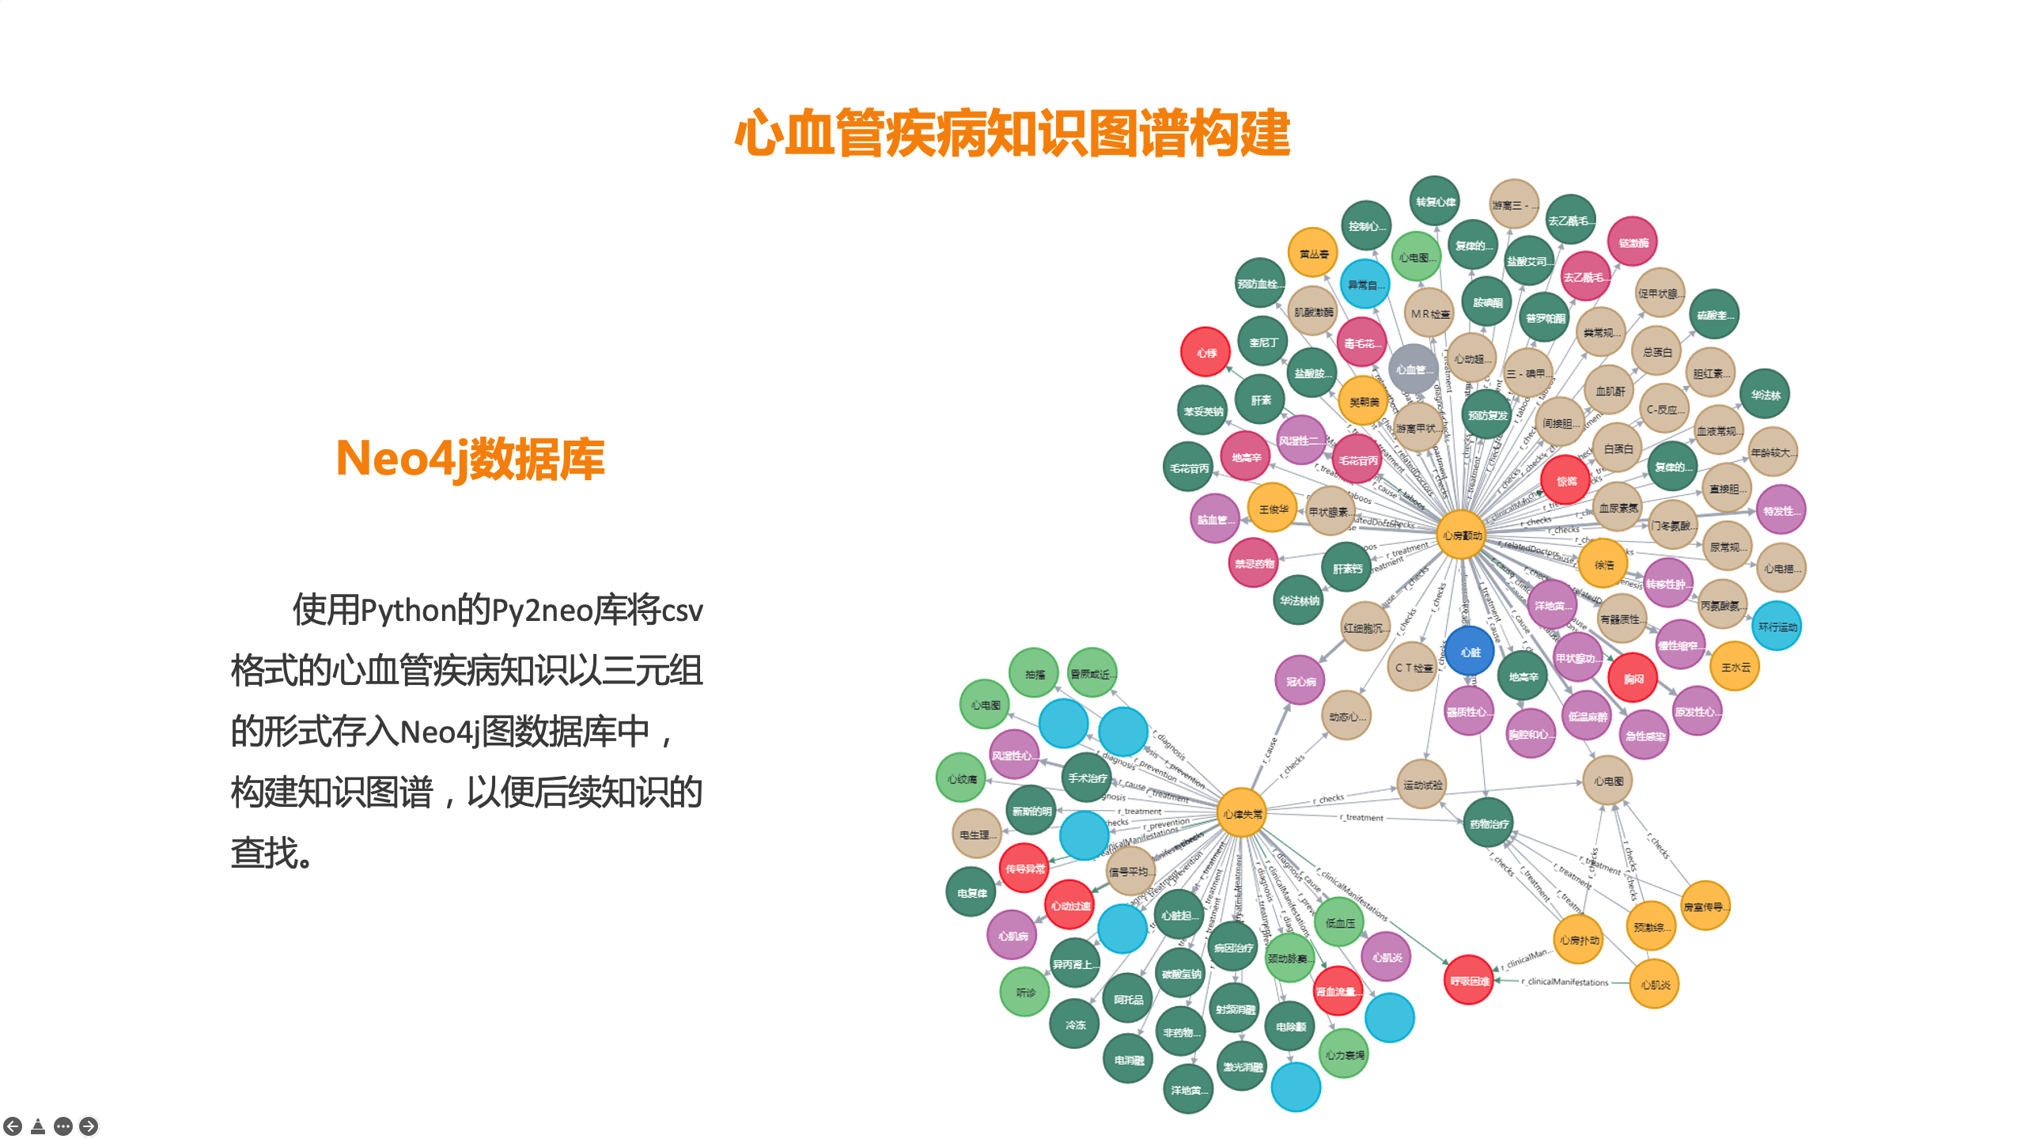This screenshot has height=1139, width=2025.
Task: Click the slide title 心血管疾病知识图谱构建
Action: point(1012,133)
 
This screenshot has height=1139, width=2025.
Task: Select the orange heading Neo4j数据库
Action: point(470,459)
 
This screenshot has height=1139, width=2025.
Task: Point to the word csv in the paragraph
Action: point(680,611)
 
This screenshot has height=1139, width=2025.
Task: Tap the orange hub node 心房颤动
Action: point(1461,535)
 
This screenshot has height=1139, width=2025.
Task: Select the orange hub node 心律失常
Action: point(1241,814)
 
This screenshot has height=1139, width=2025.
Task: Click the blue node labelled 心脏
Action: point(1470,653)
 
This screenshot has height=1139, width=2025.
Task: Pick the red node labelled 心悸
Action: point(1205,353)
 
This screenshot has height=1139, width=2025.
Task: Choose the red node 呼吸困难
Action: point(1468,981)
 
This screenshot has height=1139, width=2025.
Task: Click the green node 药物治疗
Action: point(1488,823)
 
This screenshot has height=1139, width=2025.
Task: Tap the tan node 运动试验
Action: point(1421,785)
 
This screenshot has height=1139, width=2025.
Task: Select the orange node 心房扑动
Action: point(1578,940)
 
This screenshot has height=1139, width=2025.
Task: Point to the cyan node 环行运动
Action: point(1777,626)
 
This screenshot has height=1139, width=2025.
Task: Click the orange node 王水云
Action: point(1735,667)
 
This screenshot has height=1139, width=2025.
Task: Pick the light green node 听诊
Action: point(1024,992)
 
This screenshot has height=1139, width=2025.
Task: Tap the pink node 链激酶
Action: point(1632,243)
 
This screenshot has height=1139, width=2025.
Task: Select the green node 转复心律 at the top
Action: point(1434,202)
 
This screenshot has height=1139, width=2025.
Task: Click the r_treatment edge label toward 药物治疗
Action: point(1361,818)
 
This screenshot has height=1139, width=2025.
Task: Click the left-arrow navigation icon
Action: point(13,1126)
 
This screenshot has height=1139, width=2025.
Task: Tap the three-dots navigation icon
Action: point(63,1126)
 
